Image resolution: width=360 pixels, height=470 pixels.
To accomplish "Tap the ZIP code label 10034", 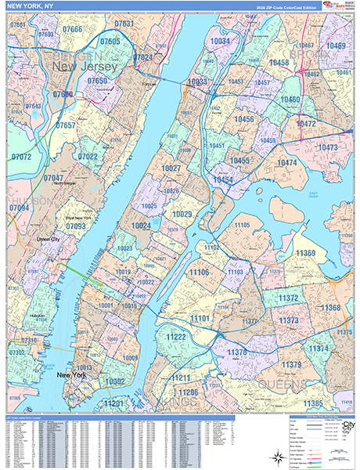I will click(221, 42).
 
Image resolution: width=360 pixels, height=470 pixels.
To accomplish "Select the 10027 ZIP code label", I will click(171, 168).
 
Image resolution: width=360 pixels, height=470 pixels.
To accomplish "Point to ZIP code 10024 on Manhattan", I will click(141, 226).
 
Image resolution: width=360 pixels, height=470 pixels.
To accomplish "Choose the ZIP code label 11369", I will click(305, 253).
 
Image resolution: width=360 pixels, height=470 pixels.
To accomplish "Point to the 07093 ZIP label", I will click(76, 226).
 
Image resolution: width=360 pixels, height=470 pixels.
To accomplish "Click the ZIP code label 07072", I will click(21, 157).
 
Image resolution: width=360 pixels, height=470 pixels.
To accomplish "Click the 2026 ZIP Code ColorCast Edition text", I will click(288, 7).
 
